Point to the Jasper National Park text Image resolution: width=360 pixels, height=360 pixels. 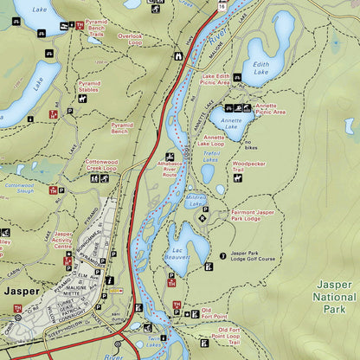334,296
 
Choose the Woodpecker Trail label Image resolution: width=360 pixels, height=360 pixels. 248,166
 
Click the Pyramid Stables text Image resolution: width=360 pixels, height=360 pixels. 89,87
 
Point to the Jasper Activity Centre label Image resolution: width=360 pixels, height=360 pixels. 62,240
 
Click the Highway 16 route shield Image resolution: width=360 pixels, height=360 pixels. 222,6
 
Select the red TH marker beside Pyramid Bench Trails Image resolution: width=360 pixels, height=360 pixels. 80,25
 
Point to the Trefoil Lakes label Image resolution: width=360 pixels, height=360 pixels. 210,157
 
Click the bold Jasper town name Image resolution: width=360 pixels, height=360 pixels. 22,291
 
